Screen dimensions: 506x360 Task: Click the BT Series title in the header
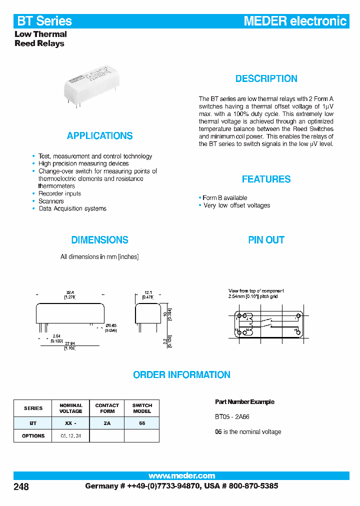(x=44, y=21)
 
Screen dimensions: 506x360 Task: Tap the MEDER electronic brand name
(x=294, y=21)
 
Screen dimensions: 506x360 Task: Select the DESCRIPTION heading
(x=266, y=78)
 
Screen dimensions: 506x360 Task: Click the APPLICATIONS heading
(x=99, y=135)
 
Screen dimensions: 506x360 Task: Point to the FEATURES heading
(x=266, y=179)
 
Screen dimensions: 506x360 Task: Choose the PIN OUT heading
(x=266, y=240)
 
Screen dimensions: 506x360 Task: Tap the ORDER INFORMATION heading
(x=181, y=374)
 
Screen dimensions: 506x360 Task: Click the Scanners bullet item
(x=51, y=201)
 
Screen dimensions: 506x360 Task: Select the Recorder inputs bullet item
(x=59, y=193)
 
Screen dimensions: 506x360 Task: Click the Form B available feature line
(x=224, y=198)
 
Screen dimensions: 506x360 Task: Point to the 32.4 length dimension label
(x=70, y=292)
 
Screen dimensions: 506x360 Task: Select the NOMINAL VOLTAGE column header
(x=70, y=408)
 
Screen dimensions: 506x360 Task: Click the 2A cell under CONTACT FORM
(x=107, y=423)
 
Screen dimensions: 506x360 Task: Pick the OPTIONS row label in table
(x=33, y=435)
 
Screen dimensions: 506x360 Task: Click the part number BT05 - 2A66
(x=232, y=416)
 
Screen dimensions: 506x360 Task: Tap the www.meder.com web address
(x=181, y=475)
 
